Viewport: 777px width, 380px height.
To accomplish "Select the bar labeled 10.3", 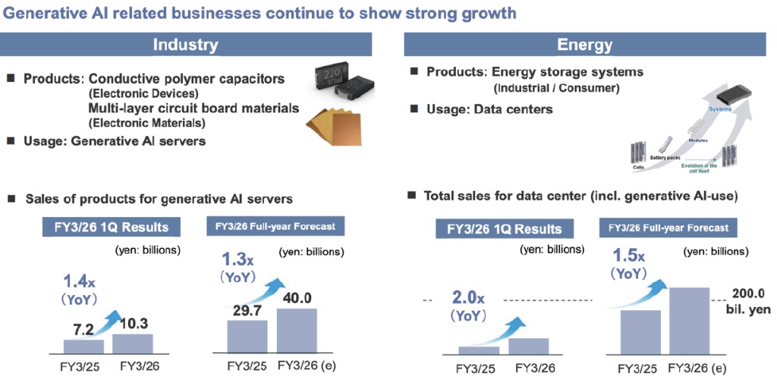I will coord(132,344).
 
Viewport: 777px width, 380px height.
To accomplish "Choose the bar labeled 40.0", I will coord(297,330).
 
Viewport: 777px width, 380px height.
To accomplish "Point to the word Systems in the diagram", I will coord(719,109).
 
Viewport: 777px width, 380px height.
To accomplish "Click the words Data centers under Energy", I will coord(519,109).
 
